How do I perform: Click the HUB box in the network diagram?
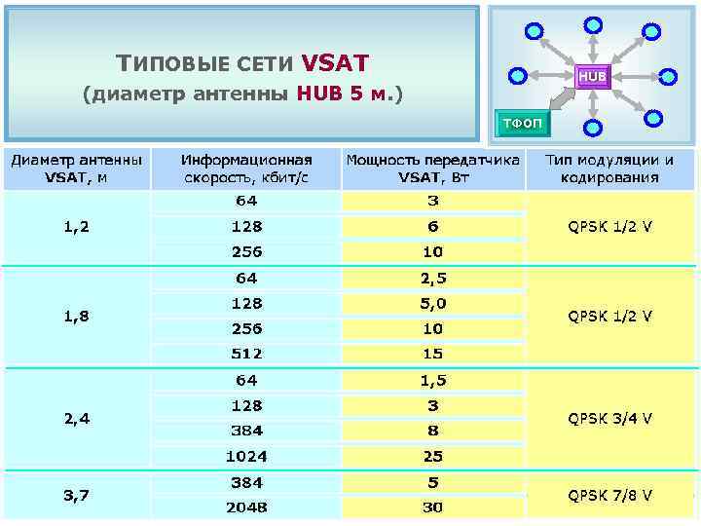click(592, 75)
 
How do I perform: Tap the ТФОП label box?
click(523, 123)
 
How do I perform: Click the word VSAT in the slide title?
click(335, 63)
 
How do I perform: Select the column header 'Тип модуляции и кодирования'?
click(610, 169)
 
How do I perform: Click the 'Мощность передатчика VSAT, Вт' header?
click(433, 169)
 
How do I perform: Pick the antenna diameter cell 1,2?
click(77, 227)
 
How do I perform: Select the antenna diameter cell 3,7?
click(77, 495)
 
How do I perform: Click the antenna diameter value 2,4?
click(77, 418)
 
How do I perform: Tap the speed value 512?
click(246, 354)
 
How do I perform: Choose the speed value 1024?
click(246, 456)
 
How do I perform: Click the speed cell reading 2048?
click(246, 507)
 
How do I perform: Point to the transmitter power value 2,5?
click(433, 279)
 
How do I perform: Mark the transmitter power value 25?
click(433, 456)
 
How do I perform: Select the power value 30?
click(433, 507)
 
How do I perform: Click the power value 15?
click(433, 354)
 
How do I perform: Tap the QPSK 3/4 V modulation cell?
click(610, 418)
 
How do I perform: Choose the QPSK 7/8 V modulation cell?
click(610, 495)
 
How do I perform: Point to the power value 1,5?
click(433, 380)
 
